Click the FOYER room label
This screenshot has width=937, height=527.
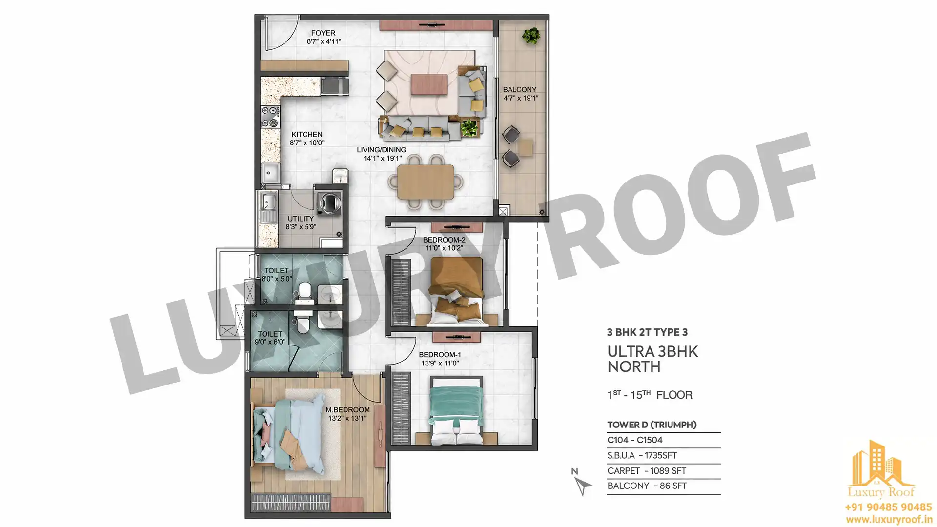pos(323,33)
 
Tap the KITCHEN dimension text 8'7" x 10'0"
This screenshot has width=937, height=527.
pos(307,143)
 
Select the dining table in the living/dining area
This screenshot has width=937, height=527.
pos(426,182)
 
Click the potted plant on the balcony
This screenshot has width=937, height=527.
pos(531,36)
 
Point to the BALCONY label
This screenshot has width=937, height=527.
pos(520,90)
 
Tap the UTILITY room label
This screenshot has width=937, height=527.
pos(301,219)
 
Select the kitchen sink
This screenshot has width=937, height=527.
pos(269,172)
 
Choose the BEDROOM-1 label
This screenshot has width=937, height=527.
pos(440,355)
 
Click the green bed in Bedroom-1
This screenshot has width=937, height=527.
pos(457,410)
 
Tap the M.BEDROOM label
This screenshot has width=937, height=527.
pos(347,410)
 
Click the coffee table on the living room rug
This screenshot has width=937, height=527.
pos(429,84)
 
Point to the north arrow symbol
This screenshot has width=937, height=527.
pos(583,486)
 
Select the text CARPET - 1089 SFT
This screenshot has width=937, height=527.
pos(647,471)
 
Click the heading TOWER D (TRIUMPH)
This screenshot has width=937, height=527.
pos(652,425)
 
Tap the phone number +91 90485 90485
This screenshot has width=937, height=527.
pos(888,507)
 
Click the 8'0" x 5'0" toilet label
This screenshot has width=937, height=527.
pos(277,279)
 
